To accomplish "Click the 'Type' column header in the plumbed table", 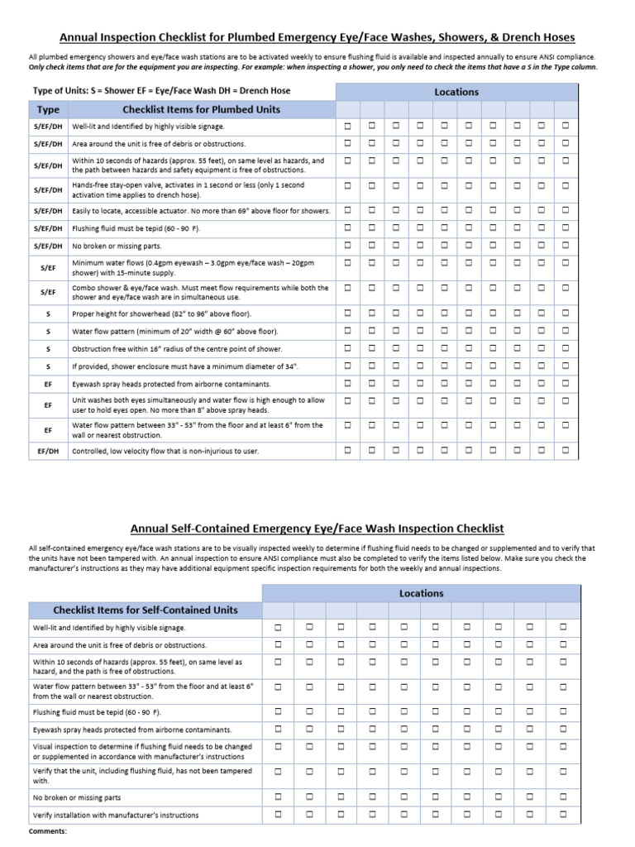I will pyautogui.click(x=49, y=109).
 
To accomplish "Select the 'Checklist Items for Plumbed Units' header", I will pyautogui.click(x=201, y=109).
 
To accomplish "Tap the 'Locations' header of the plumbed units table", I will pyautogui.click(x=456, y=92).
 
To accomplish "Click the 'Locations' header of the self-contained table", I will pyautogui.click(x=421, y=593).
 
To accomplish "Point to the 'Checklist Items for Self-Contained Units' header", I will pyautogui.click(x=146, y=610).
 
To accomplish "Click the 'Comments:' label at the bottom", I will pyautogui.click(x=47, y=830).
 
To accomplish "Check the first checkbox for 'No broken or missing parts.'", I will pyautogui.click(x=347, y=245).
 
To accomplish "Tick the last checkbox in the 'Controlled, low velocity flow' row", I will pyautogui.click(x=566, y=451).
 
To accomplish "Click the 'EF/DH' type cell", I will pyautogui.click(x=49, y=451).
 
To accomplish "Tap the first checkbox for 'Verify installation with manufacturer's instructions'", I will pyautogui.click(x=278, y=814).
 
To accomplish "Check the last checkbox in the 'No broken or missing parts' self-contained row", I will pyautogui.click(x=564, y=797).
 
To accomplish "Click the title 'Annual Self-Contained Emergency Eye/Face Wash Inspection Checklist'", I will pyautogui.click(x=317, y=529).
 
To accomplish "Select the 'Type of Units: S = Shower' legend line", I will pyautogui.click(x=161, y=90).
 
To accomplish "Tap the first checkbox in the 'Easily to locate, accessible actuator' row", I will pyautogui.click(x=347, y=210).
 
